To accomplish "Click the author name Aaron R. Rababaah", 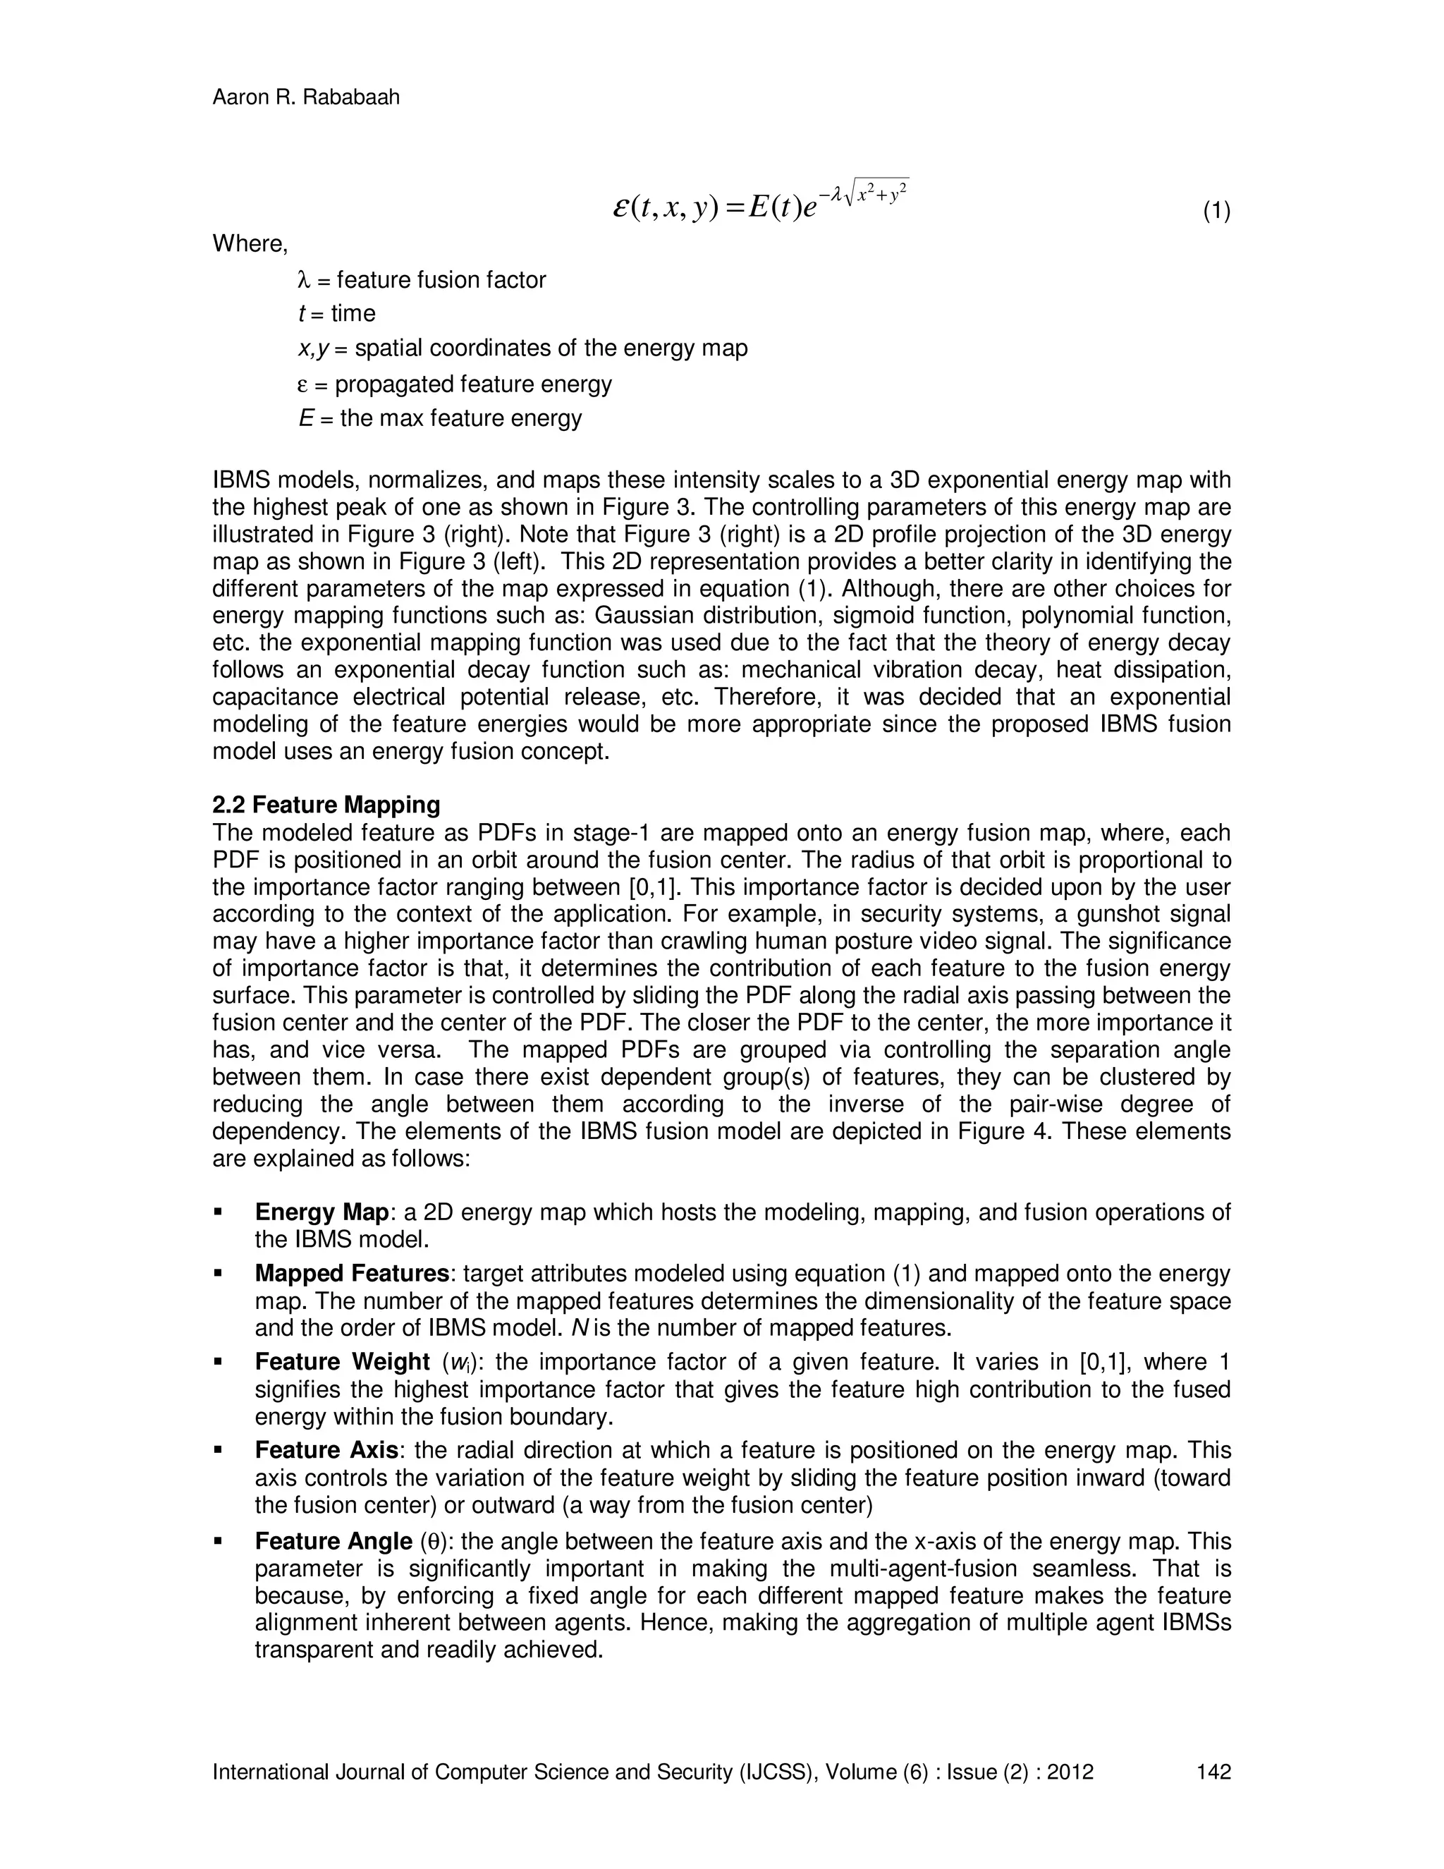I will point(305,97).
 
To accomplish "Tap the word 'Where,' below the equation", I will point(250,244).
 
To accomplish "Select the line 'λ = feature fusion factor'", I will point(421,280).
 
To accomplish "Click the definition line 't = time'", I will point(336,314).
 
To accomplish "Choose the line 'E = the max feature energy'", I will point(440,418).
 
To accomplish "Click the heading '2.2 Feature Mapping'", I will point(326,805).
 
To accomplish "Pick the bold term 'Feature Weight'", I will point(342,1363).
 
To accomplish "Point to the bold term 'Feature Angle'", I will point(334,1541).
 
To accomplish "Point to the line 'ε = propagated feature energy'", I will point(454,384).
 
